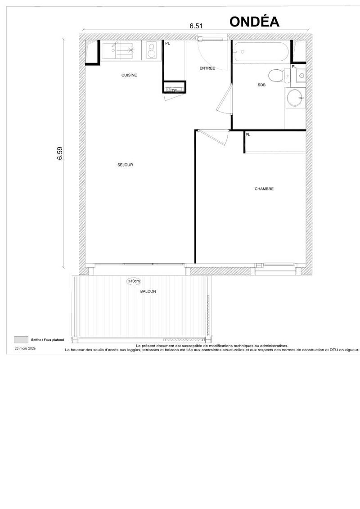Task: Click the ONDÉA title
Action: click(254, 22)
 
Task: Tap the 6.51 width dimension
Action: click(196, 26)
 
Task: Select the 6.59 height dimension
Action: click(60, 153)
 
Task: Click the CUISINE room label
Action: click(129, 75)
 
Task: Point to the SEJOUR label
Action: click(125, 165)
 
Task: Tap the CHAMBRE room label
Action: click(264, 189)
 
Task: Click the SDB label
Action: click(261, 85)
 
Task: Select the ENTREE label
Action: click(207, 68)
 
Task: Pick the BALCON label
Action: click(148, 292)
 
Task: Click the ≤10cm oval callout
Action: click(134, 281)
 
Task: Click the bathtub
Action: click(261, 52)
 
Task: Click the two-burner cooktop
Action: click(152, 50)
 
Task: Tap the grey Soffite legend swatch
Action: click(21, 339)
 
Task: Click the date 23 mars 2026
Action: click(25, 348)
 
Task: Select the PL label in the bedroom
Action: click(247, 135)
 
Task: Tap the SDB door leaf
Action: click(224, 98)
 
